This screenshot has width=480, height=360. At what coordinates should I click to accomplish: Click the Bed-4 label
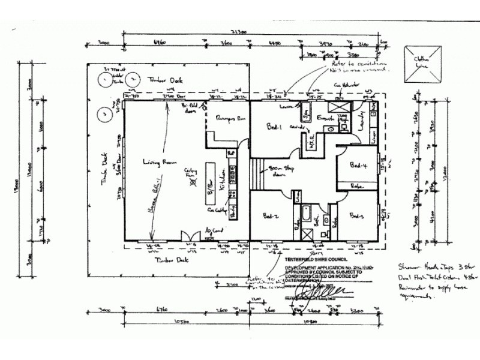tap(358, 165)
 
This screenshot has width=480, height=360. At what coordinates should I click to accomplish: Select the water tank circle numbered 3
tap(104, 113)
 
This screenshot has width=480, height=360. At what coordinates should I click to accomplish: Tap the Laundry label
tap(361, 121)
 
